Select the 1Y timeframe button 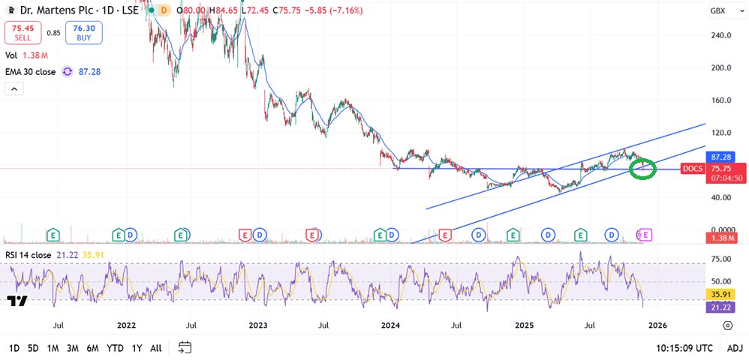pos(136,348)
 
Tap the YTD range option pos(115,348)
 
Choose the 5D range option pos(33,348)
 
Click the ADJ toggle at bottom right pos(735,348)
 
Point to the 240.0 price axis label pos(721,35)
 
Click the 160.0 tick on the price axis pos(721,100)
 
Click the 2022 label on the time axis pos(126,325)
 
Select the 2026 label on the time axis pos(657,325)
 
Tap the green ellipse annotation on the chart pos(642,169)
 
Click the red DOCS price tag pos(692,169)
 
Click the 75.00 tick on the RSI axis pos(721,259)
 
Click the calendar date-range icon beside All pos(185,348)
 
